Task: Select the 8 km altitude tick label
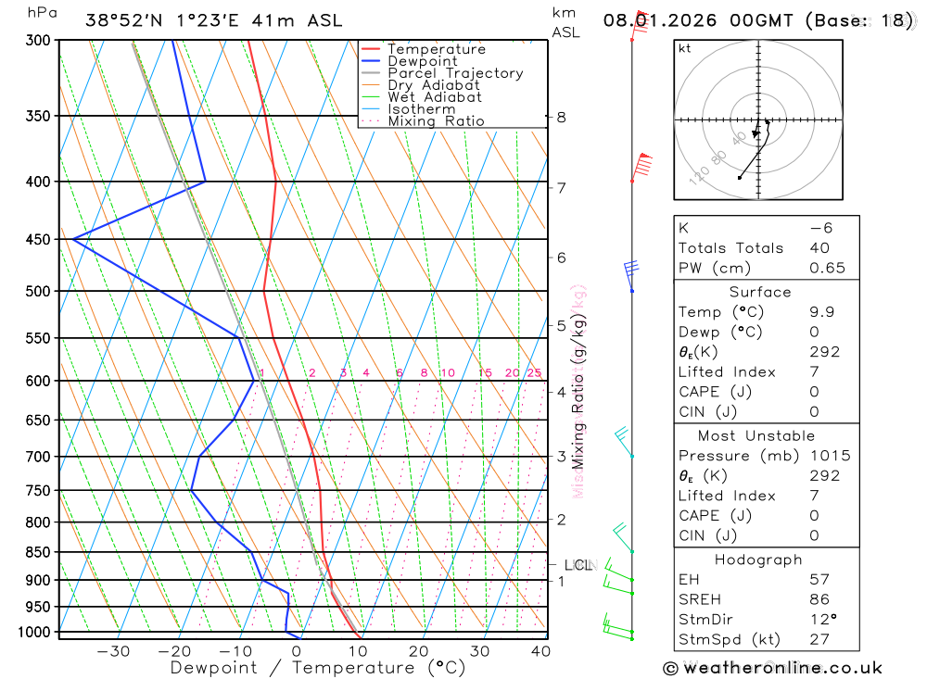point(561,117)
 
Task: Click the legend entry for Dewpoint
point(423,61)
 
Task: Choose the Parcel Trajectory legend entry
point(455,73)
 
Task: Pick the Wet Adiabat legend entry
point(435,97)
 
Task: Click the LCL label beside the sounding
point(578,565)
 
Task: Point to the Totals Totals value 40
point(819,247)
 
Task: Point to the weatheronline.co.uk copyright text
point(772,668)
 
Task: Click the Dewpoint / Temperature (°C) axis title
point(318,667)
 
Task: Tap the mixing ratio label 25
point(534,373)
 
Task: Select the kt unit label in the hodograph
point(685,48)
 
